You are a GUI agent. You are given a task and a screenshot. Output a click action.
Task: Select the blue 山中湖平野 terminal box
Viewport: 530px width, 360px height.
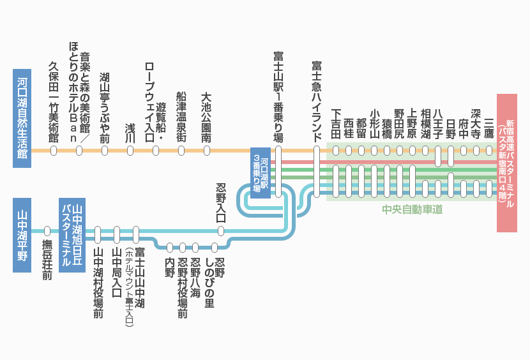pyautogui.click(x=22, y=235)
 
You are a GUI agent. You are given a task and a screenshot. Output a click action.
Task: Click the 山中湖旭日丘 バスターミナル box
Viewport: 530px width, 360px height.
pyautogui.click(x=72, y=235)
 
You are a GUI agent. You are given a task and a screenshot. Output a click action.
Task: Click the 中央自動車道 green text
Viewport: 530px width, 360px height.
pyautogui.click(x=412, y=209)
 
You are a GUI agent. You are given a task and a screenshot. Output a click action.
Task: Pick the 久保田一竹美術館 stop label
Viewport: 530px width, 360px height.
pyautogui.click(x=54, y=102)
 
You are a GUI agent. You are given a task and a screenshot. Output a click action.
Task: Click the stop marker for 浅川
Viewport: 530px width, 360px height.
pyautogui.click(x=130, y=151)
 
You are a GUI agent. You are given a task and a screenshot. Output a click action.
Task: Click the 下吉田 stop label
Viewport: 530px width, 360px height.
pyautogui.click(x=336, y=124)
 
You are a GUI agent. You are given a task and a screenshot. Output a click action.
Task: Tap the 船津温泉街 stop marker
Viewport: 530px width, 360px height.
pyautogui.click(x=181, y=151)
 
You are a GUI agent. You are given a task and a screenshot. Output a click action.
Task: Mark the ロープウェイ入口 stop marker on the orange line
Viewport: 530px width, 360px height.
pyautogui.click(x=156, y=151)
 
